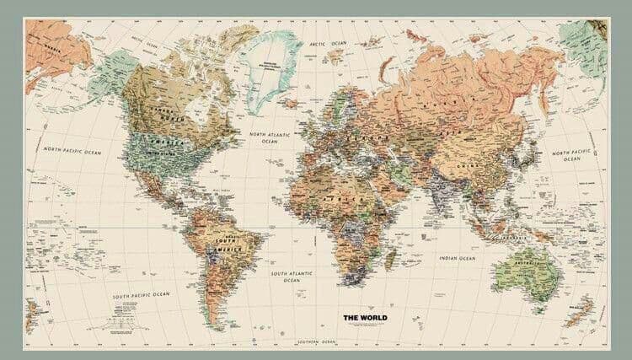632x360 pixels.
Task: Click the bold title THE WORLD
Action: click(363, 317)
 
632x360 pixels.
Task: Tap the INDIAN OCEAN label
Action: click(458, 257)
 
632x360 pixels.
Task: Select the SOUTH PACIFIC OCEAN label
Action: click(142, 295)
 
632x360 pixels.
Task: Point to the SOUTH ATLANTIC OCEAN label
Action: click(291, 277)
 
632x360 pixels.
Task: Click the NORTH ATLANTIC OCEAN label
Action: click(270, 137)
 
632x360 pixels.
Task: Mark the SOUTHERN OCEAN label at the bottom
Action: click(315, 341)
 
